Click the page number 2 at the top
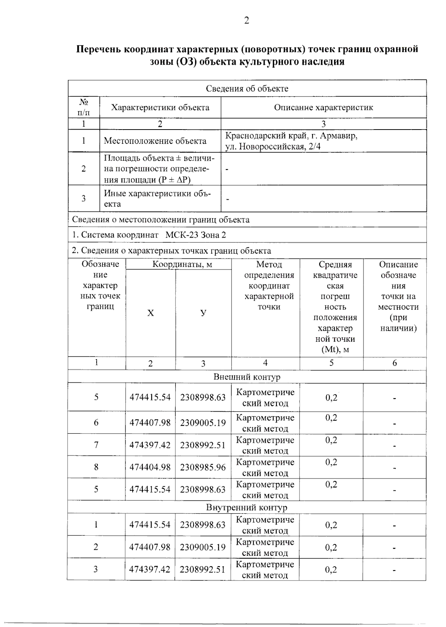pyautogui.click(x=247, y=21)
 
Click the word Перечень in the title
pyautogui.click(x=98, y=49)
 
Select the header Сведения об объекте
pyautogui.click(x=247, y=89)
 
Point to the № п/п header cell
pyautogui.click(x=84, y=107)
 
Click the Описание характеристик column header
pyautogui.click(x=323, y=108)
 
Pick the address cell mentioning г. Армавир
pyautogui.click(x=291, y=141)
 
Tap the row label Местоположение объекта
pyautogui.click(x=155, y=141)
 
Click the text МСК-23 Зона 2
pyautogui.click(x=195, y=235)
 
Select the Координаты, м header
pyautogui.click(x=182, y=265)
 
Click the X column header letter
pyautogui.click(x=151, y=313)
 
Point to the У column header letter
pyautogui.click(x=203, y=313)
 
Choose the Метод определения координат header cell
pyautogui.click(x=269, y=285)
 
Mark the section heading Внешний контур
pyautogui.click(x=247, y=377)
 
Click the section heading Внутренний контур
pyautogui.click(x=247, y=507)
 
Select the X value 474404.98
pyautogui.click(x=150, y=467)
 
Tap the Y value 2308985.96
pyautogui.click(x=203, y=467)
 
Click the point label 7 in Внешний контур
pyautogui.click(x=96, y=445)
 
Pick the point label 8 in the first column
pyautogui.click(x=96, y=467)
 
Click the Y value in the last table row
pyautogui.click(x=203, y=569)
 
